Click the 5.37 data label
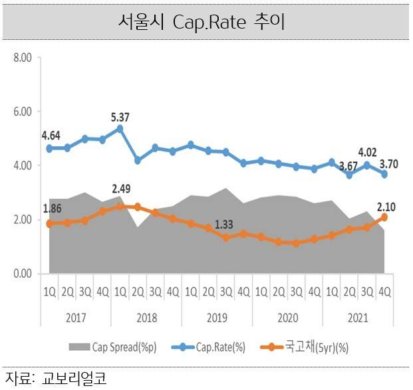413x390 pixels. (x=120, y=117)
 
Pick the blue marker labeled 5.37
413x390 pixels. (x=120, y=129)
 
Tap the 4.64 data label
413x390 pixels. (x=51, y=136)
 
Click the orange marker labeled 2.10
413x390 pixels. (x=384, y=217)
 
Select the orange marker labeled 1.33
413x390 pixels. (x=225, y=237)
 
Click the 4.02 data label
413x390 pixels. (x=366, y=151)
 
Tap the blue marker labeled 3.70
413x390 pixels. (x=384, y=174)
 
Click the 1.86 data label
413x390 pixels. (x=51, y=210)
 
